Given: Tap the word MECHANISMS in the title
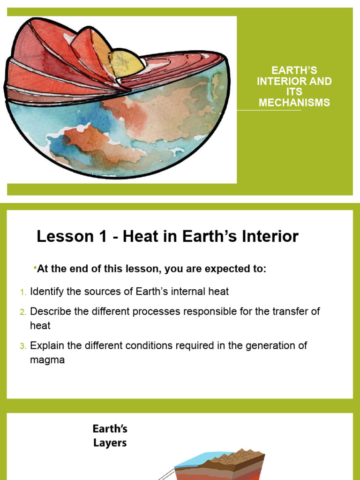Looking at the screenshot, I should coord(294,102).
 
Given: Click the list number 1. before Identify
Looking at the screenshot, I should coord(23,292).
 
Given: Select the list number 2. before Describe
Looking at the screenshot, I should coord(23,312).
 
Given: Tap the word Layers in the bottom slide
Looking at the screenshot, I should coord(110,442).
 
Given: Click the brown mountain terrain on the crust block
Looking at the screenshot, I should coord(234,457).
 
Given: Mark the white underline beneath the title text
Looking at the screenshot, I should coord(269,111).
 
